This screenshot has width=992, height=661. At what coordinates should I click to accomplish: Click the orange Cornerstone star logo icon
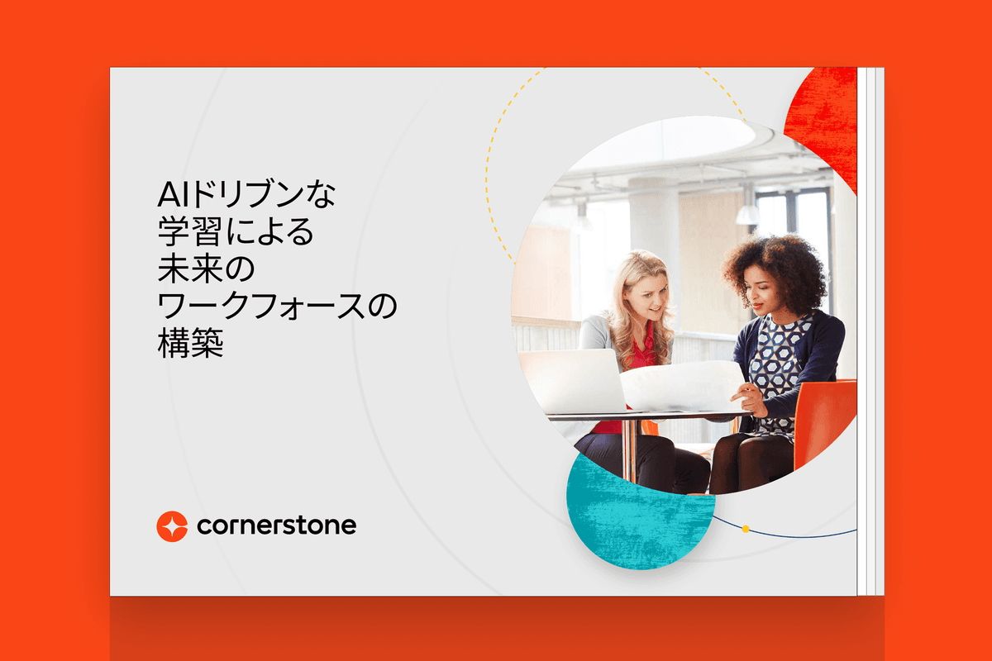click(172, 525)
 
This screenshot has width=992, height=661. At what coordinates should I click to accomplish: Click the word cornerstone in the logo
click(276, 525)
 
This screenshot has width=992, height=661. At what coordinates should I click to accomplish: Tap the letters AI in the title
click(172, 199)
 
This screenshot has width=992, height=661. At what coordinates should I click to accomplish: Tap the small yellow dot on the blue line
click(746, 528)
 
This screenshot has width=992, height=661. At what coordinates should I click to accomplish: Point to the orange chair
click(823, 421)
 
